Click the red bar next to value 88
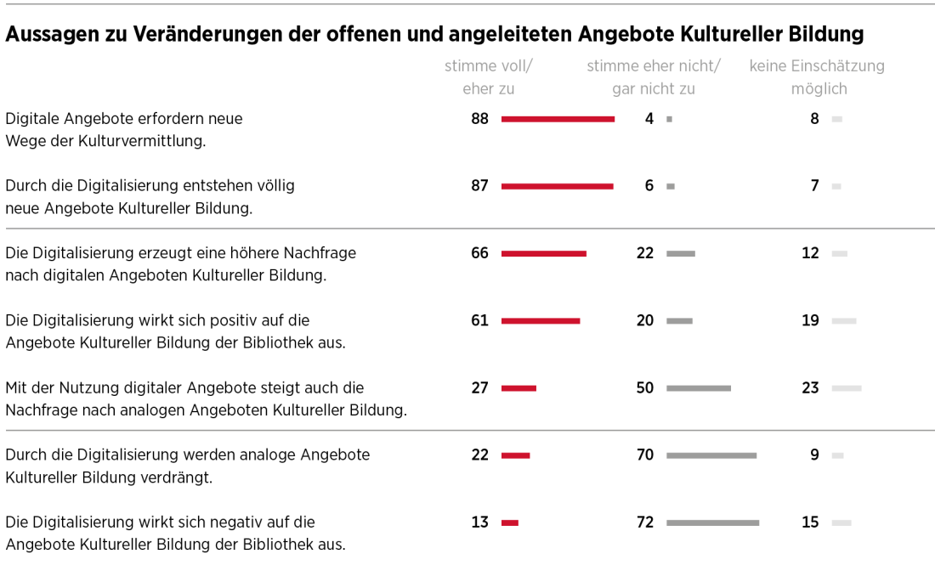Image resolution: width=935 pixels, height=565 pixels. coord(558,119)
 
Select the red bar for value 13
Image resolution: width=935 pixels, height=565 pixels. coord(510,523)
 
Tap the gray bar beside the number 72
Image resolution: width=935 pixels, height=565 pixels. coord(712,523)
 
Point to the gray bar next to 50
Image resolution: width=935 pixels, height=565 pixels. coord(699,388)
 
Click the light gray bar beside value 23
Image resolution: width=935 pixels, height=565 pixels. coord(847,388)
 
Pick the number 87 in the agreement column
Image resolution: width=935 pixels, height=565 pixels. coord(480,185)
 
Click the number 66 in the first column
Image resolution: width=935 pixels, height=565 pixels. coord(480,253)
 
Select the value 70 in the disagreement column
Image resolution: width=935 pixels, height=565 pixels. coord(645,455)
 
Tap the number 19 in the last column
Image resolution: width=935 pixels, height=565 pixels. coord(810,320)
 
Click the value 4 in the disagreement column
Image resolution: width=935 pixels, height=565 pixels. coord(649,119)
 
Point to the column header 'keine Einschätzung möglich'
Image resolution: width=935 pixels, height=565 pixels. coord(817,76)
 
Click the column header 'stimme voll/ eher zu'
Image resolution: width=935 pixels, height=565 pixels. coord(489,76)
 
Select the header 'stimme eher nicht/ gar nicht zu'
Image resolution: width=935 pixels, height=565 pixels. coord(653,76)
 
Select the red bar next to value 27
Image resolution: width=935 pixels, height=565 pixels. coord(518,388)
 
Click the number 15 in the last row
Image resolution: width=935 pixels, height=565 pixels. coord(810,523)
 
